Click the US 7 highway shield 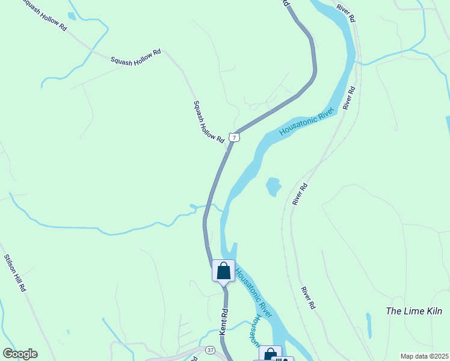[235, 137]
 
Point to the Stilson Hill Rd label [15, 273]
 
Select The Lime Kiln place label [414, 311]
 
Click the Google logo [20, 354]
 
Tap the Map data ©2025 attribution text [424, 356]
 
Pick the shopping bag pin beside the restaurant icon [270, 354]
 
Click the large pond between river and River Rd [274, 187]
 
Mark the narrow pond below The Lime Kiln [368, 325]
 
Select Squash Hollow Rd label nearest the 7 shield [209, 121]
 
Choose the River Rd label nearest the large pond [300, 194]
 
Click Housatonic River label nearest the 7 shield [309, 122]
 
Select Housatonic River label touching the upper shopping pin [253, 292]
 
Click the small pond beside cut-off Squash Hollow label [72, 16]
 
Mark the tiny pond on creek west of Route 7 [193, 206]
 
